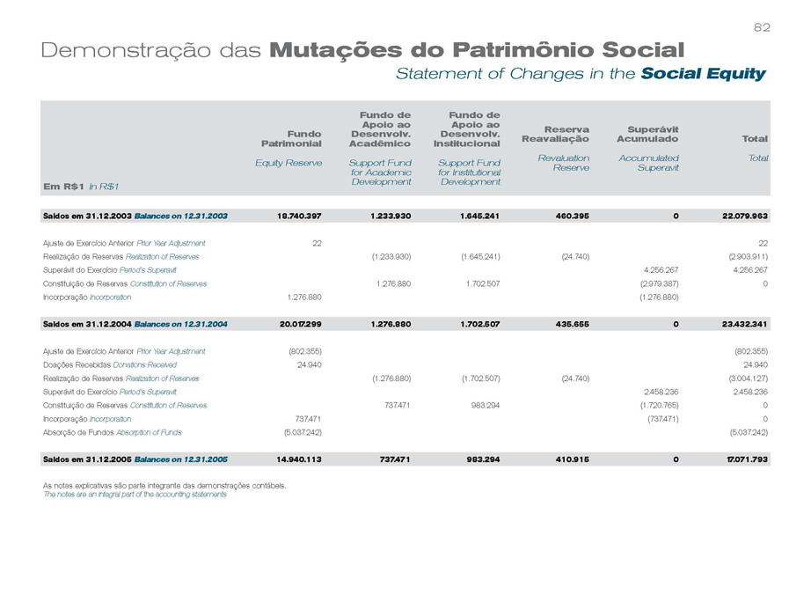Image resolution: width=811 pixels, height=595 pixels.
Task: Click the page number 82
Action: pos(762,28)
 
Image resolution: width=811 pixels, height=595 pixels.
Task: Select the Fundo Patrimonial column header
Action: pos(291,137)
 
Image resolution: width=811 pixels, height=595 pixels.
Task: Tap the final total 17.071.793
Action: pos(744,459)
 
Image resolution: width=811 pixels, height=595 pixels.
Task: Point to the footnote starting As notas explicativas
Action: pos(164,485)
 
